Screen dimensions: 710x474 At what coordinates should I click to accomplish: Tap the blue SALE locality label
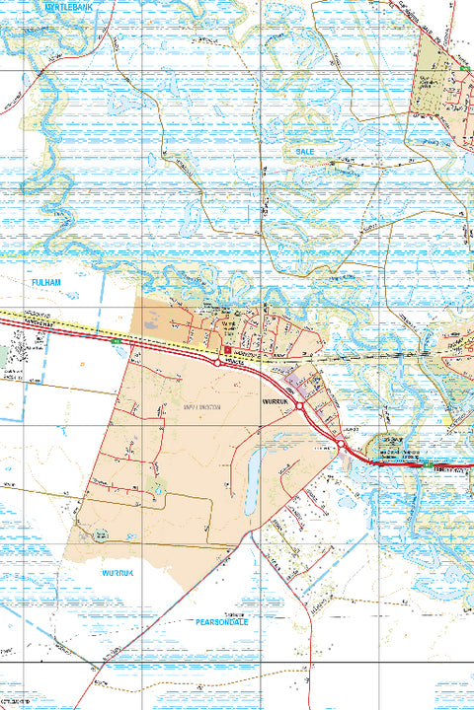[303, 151]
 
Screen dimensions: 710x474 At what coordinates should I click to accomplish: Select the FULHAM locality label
[45, 282]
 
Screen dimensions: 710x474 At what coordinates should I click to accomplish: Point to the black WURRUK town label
[273, 402]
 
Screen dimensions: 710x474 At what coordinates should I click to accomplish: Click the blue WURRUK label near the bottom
[120, 572]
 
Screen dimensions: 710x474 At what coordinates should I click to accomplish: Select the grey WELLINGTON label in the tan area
[201, 406]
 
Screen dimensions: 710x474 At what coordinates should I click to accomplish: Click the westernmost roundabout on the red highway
[217, 363]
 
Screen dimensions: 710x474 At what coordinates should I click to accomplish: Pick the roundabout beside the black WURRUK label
[298, 405]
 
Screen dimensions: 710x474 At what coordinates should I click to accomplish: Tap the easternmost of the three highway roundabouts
[342, 445]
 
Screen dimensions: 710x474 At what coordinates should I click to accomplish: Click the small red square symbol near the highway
[227, 349]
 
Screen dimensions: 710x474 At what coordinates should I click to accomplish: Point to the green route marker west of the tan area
[116, 340]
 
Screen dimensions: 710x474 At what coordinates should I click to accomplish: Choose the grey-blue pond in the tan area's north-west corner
[150, 321]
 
